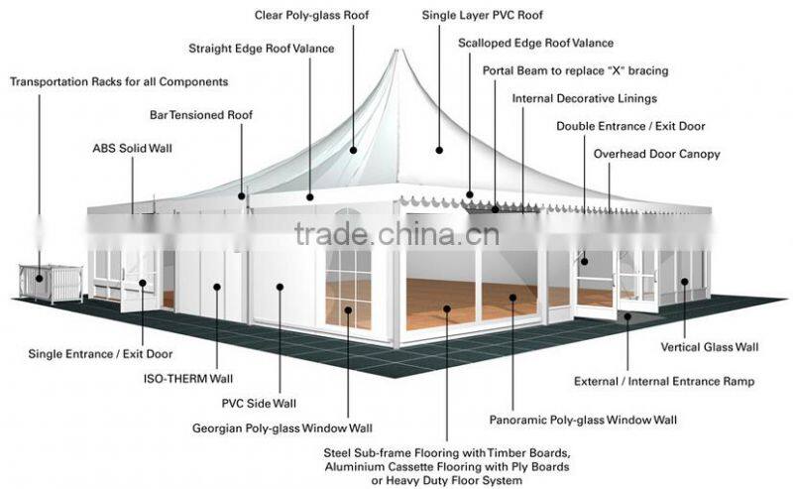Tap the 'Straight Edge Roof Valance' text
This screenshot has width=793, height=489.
coord(262,48)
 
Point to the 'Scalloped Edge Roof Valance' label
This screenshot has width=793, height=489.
coord(535,44)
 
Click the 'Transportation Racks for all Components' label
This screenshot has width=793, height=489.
coord(119,81)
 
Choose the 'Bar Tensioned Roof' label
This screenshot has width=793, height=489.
coord(201,115)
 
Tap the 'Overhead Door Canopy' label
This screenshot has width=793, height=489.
coord(656,155)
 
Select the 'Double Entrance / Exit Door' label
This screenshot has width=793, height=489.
coord(630,127)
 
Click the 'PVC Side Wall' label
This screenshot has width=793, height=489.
coord(259,404)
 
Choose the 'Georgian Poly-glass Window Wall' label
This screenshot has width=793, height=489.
coord(283,428)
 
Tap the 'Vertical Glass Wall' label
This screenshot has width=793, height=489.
coord(710,347)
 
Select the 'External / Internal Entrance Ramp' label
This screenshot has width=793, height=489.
coord(664,381)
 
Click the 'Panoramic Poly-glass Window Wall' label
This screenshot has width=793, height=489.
coord(584,420)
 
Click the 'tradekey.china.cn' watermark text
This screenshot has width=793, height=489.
coord(396,235)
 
